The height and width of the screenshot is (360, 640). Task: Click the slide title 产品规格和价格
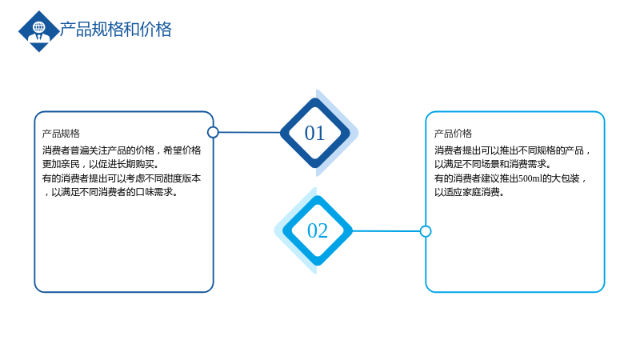(x=115, y=30)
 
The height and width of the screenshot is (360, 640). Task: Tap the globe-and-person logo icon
(x=39, y=31)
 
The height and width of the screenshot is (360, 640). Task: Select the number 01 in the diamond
(x=314, y=133)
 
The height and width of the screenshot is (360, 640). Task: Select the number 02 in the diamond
(x=317, y=230)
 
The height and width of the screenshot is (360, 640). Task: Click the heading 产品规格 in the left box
(x=61, y=134)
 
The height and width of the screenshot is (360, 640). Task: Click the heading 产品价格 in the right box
(x=453, y=134)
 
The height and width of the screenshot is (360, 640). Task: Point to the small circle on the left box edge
(x=213, y=132)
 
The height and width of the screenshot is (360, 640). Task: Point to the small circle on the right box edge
(x=426, y=231)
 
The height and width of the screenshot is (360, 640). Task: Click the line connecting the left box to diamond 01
(x=250, y=132)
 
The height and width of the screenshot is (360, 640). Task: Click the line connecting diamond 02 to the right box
(x=386, y=231)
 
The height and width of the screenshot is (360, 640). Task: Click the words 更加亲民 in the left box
(x=61, y=164)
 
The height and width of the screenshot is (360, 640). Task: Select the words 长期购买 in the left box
(x=135, y=164)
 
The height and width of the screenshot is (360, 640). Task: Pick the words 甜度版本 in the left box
(x=182, y=178)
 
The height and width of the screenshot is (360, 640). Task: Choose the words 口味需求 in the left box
(x=154, y=192)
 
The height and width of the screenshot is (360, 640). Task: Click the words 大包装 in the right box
(x=566, y=178)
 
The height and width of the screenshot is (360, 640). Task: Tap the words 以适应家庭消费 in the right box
(x=467, y=192)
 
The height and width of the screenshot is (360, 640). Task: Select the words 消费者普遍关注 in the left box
(x=74, y=150)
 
